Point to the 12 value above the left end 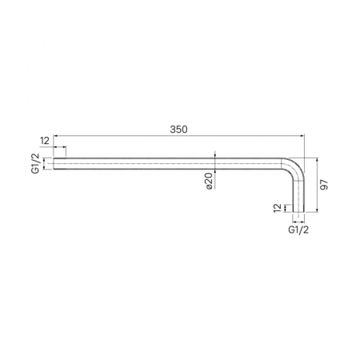click(x=45, y=141)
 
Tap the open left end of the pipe click(x=55, y=164)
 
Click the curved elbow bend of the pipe click(x=294, y=167)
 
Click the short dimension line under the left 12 click(x=60, y=148)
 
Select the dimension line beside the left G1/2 click(x=46, y=164)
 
